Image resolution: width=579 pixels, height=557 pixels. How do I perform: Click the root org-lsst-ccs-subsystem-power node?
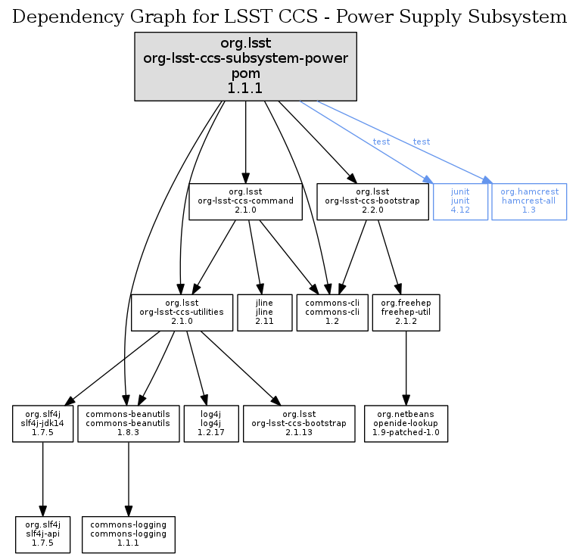[x=245, y=67]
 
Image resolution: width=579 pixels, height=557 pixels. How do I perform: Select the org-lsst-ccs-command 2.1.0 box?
[x=246, y=201]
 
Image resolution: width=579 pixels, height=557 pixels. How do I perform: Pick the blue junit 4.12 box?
[x=460, y=201]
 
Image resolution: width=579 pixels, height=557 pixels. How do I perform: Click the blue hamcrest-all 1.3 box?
[x=529, y=201]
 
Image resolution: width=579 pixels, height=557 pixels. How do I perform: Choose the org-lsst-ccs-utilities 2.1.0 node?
[x=182, y=313]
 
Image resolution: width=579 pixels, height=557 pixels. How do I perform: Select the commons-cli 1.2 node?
[x=327, y=313]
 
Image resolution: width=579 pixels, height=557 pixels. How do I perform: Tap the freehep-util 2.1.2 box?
[x=406, y=313]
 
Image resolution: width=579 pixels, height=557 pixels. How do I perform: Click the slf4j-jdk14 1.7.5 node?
[x=43, y=424]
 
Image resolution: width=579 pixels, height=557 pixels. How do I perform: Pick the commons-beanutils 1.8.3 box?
[x=128, y=424]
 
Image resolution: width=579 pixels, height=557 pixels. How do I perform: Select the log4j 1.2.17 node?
[x=211, y=424]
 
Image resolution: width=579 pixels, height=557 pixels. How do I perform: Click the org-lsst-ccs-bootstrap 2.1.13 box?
[x=298, y=424]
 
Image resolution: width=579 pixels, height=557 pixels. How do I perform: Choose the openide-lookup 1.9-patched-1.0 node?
[x=406, y=424]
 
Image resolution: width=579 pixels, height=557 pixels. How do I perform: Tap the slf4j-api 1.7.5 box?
[x=43, y=534]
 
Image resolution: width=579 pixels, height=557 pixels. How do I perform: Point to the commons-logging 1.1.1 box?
[x=128, y=534]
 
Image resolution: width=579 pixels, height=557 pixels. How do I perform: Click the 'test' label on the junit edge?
[x=381, y=142]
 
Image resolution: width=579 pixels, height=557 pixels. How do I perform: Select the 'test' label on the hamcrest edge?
[x=422, y=142]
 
